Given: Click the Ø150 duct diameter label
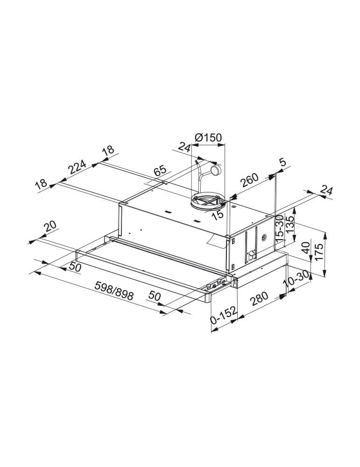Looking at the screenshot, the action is [x=208, y=138].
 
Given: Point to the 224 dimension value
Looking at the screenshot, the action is [x=77, y=167].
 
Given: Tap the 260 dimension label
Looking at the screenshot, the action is [x=249, y=180].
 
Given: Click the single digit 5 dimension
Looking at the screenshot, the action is [x=282, y=163].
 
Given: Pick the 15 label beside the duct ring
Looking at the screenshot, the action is [x=218, y=214].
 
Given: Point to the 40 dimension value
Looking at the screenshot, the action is [x=305, y=248].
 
